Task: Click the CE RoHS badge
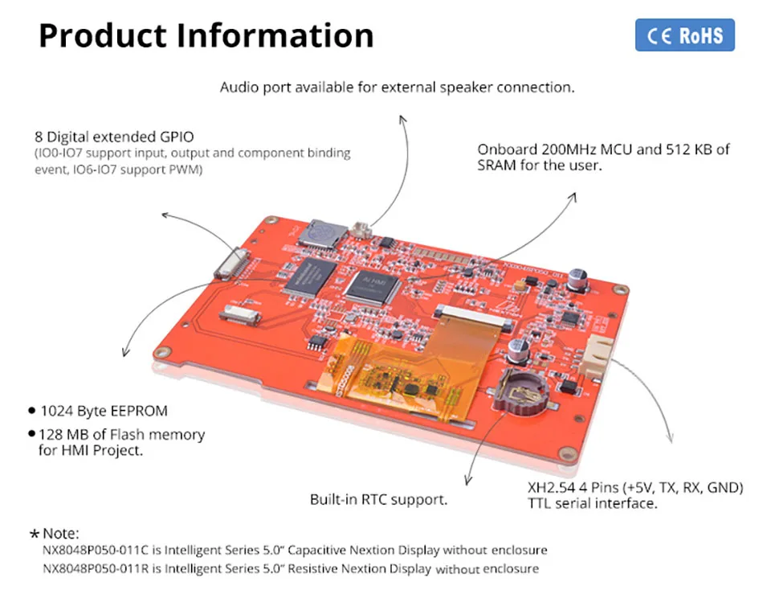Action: [684, 35]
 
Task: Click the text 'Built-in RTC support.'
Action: [378, 500]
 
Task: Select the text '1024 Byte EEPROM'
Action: [104, 411]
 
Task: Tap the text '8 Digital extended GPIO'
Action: [114, 137]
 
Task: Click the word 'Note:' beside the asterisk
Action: [61, 534]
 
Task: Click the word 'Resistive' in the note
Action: [318, 568]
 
